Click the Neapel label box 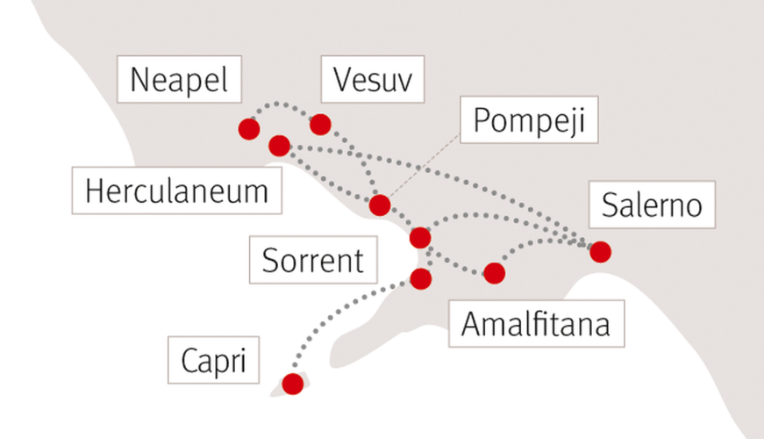(179, 79)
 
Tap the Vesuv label (373, 79)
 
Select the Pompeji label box (529, 119)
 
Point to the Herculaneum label (177, 191)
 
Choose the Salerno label (652, 205)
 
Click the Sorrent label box (313, 260)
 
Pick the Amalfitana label (537, 324)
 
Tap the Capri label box (213, 360)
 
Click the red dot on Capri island (293, 384)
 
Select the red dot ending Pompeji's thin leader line (380, 205)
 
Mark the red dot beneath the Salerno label (600, 252)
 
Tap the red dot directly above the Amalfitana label (494, 273)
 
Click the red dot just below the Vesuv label (320, 125)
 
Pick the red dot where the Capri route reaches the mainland (420, 279)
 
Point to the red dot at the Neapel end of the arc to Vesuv (249, 129)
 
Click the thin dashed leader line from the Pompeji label (425, 165)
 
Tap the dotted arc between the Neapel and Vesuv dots (277, 104)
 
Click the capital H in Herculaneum (94, 191)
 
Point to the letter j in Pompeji (572, 123)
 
